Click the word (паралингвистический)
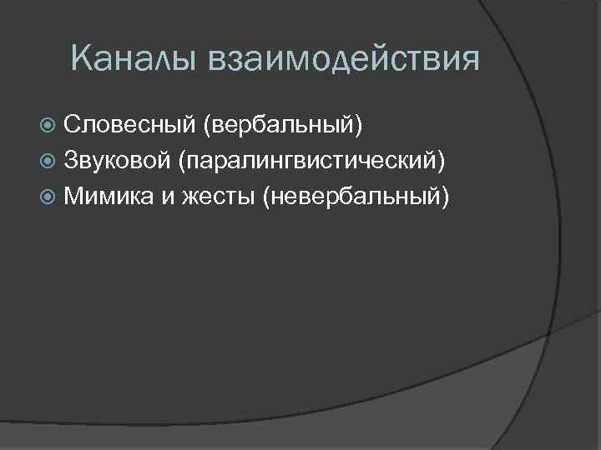(313, 161)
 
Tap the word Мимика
(109, 197)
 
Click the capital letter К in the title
(81, 61)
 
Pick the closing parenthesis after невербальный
(447, 197)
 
